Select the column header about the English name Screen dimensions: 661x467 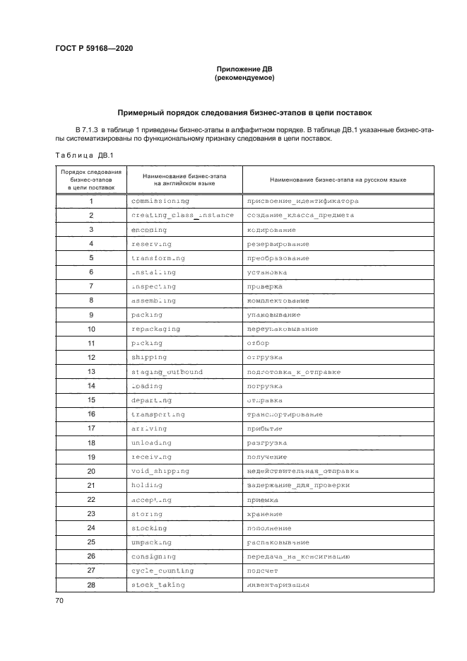pos(184,180)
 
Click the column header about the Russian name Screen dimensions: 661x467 pos(327,180)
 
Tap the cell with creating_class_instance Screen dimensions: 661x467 pos(182,215)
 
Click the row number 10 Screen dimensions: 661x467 pos(91,329)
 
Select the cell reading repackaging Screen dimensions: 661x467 pos(155,329)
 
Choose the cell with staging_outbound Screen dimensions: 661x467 pos(167,372)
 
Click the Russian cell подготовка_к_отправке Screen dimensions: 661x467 pos(293,372)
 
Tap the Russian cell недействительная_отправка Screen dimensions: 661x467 pos(302,471)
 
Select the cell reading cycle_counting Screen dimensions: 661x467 pos(162,571)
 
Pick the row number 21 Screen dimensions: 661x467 pos(91,485)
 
